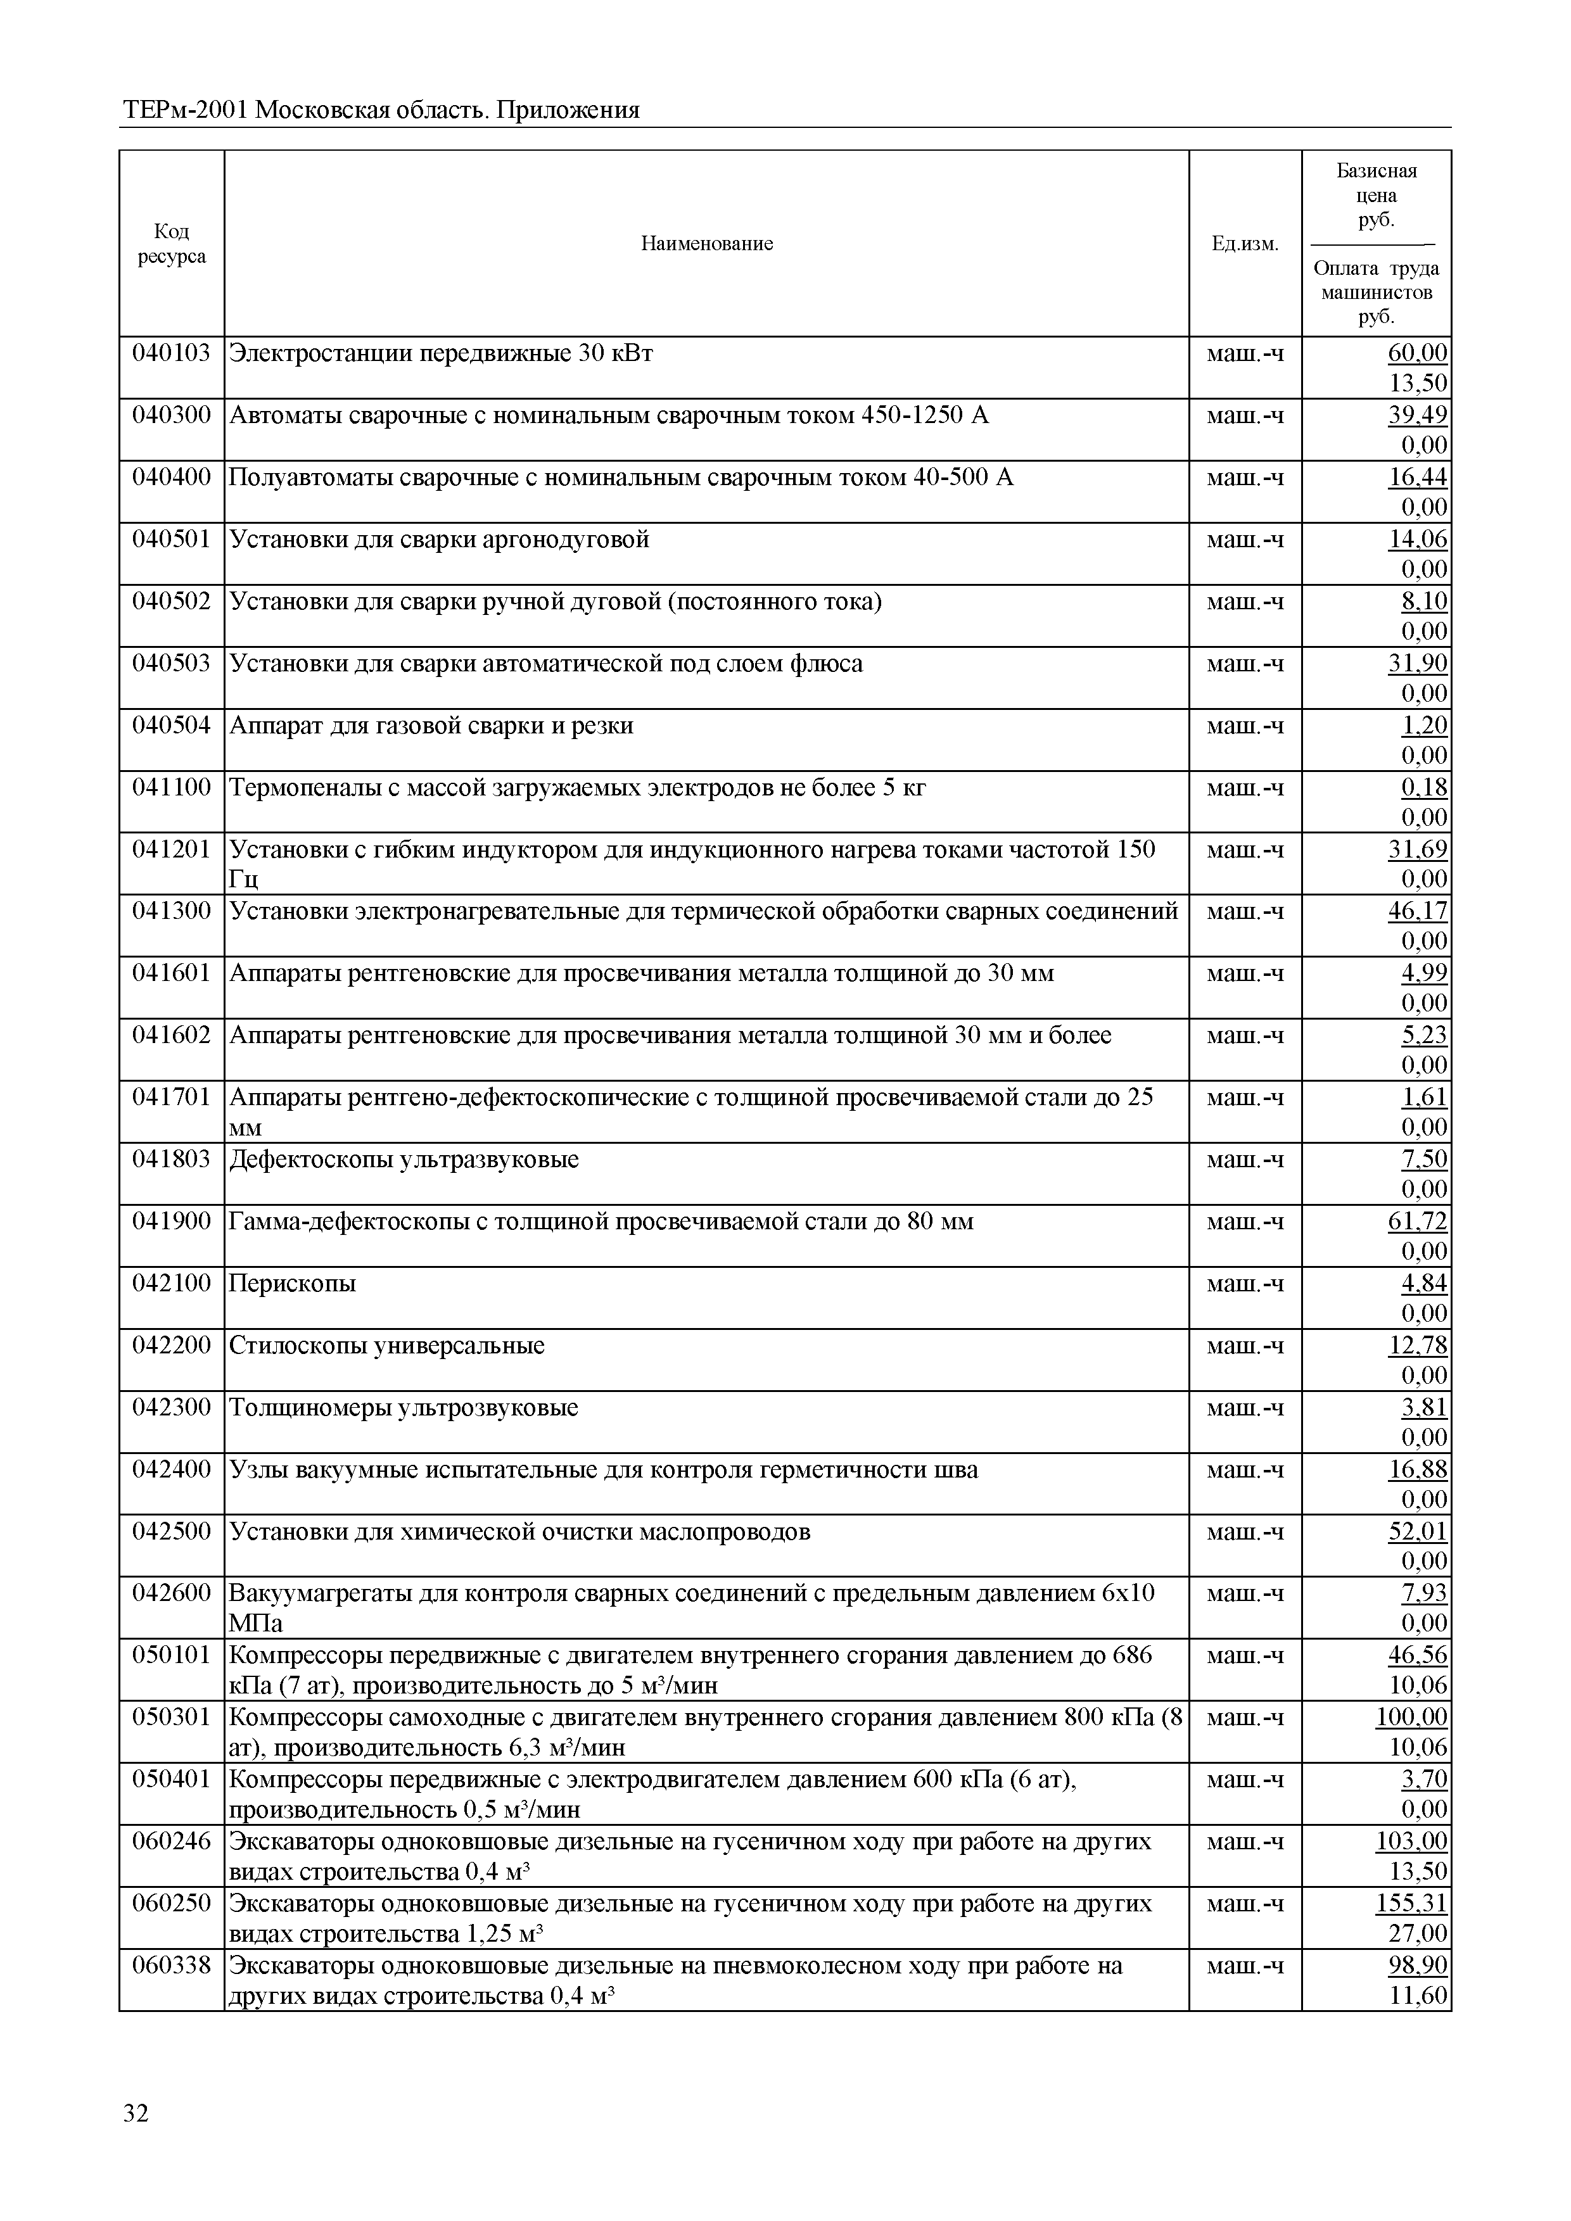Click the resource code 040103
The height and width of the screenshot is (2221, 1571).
[171, 353]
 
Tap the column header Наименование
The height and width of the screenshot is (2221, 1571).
[706, 244]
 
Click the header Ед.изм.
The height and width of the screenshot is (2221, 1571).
[1244, 244]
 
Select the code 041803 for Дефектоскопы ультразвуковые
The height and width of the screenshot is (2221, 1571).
[171, 1159]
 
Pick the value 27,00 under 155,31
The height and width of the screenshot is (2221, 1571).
[1418, 1933]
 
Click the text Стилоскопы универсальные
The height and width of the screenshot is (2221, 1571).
[387, 1346]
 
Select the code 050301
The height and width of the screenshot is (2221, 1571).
[171, 1717]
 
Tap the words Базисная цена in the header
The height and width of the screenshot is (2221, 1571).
[1376, 183]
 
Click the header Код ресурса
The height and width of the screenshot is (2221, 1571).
[171, 244]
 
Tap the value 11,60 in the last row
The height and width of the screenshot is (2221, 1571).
[1418, 1996]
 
